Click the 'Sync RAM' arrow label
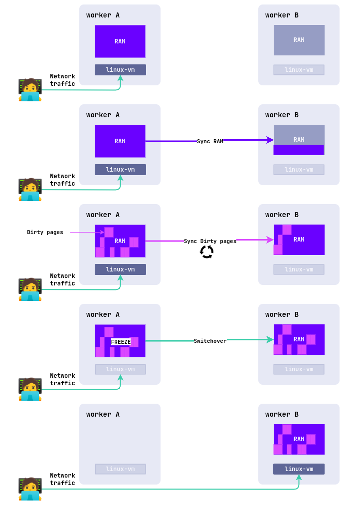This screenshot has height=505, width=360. tap(210, 142)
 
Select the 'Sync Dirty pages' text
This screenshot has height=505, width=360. tap(210, 242)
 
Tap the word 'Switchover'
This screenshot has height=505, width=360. tap(210, 341)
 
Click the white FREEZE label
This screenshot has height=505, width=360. tap(121, 342)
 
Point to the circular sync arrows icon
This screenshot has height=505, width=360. tap(207, 252)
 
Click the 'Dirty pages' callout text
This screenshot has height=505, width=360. tap(45, 233)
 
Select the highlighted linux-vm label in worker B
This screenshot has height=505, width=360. tap(299, 469)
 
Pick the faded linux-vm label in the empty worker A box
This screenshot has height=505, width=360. tap(120, 469)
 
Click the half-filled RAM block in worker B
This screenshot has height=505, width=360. tap(299, 140)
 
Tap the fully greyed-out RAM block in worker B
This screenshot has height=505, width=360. tap(299, 40)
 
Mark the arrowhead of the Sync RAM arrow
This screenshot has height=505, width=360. tap(270, 140)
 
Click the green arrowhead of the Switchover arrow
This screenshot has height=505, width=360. tap(270, 340)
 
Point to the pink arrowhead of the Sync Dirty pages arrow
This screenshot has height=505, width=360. tap(270, 240)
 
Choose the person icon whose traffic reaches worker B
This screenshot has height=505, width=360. tap(30, 489)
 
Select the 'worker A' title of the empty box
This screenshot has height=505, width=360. tap(103, 415)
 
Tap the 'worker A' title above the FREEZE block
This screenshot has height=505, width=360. tap(103, 315)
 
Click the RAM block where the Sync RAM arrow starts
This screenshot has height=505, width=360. tap(120, 141)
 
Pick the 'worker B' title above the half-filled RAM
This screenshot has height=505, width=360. tap(282, 115)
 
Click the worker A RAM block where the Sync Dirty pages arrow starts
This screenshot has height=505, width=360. tap(120, 241)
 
